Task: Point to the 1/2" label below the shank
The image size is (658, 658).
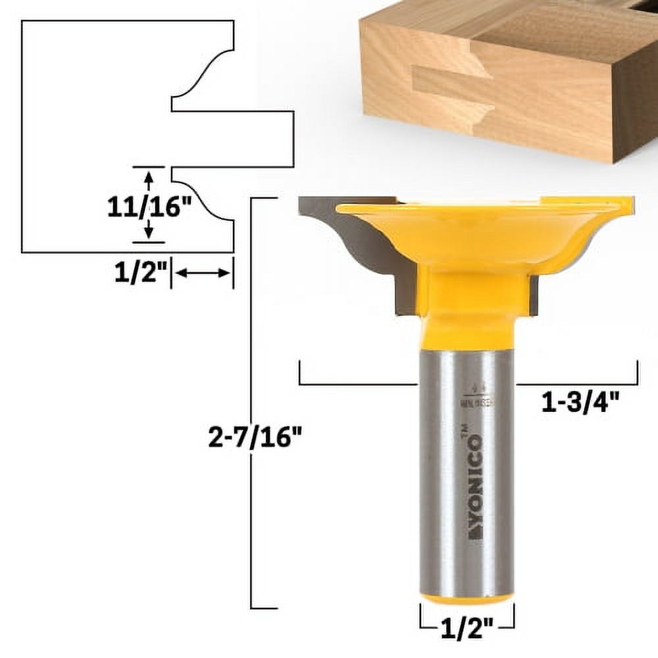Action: click(467, 631)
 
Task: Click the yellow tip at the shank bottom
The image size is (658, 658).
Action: click(467, 599)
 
